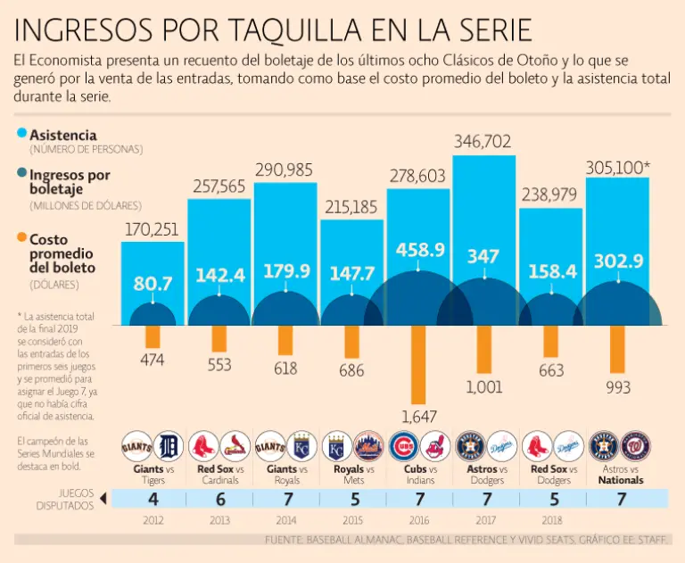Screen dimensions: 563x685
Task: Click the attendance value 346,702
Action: click(x=483, y=141)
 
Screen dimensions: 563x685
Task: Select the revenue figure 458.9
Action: click(x=417, y=251)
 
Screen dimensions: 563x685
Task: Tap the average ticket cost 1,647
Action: click(x=417, y=416)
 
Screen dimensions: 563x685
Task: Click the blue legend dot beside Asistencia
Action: click(x=21, y=134)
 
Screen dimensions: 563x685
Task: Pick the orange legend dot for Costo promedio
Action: click(x=21, y=239)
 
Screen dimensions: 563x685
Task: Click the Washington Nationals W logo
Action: click(x=636, y=444)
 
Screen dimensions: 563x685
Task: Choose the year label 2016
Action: click(x=417, y=521)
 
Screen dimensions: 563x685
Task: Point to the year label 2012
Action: click(x=153, y=521)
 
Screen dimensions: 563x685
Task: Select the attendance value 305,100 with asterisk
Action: click(x=619, y=166)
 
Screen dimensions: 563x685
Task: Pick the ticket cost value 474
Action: click(x=153, y=359)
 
